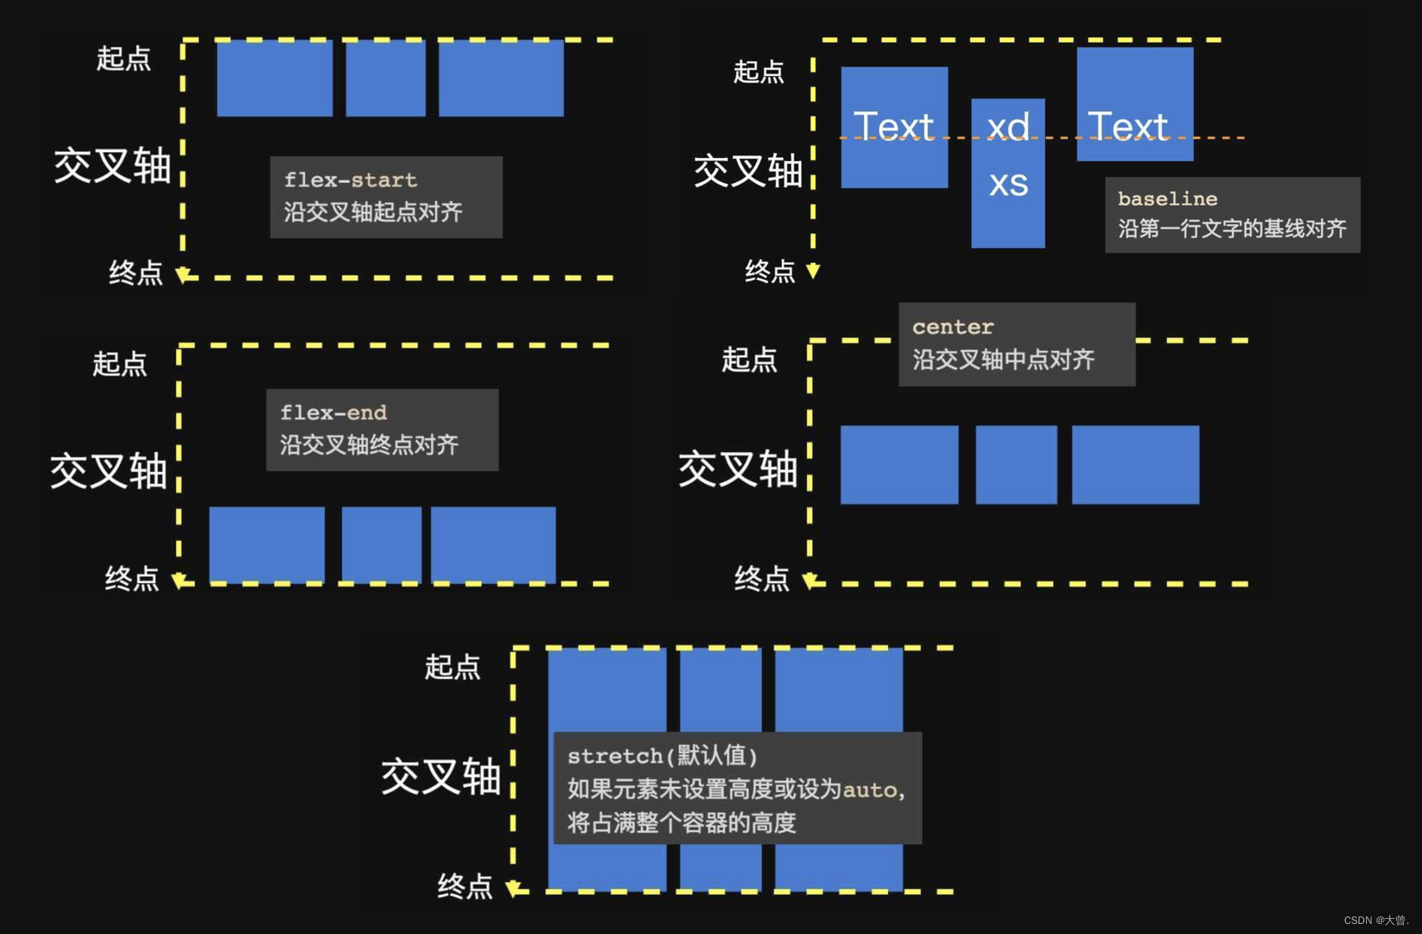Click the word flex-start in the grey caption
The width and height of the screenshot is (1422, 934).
click(x=350, y=180)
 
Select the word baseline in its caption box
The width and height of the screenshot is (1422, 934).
click(x=1167, y=199)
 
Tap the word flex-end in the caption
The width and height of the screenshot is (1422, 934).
click(x=333, y=413)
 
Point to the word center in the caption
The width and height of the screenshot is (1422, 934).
click(x=952, y=327)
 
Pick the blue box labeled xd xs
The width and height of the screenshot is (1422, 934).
click(x=1008, y=173)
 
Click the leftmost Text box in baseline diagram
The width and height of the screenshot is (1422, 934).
click(x=894, y=127)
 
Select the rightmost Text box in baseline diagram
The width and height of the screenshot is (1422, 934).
click(x=1135, y=104)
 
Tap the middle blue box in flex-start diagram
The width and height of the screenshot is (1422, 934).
click(x=385, y=78)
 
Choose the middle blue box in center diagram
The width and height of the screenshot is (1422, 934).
click(x=1016, y=464)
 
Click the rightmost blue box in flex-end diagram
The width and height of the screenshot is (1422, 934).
click(x=493, y=544)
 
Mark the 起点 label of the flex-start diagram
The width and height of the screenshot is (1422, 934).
click(x=124, y=58)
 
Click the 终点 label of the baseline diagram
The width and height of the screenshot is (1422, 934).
click(x=769, y=272)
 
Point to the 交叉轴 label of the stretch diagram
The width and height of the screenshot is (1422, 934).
click(x=440, y=776)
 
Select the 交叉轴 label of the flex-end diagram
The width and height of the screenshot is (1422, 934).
click(x=109, y=470)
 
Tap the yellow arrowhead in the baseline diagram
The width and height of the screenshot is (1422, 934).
click(x=813, y=271)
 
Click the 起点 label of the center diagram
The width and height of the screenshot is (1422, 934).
click(x=749, y=360)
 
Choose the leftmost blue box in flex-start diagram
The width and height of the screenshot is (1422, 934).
click(x=274, y=78)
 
